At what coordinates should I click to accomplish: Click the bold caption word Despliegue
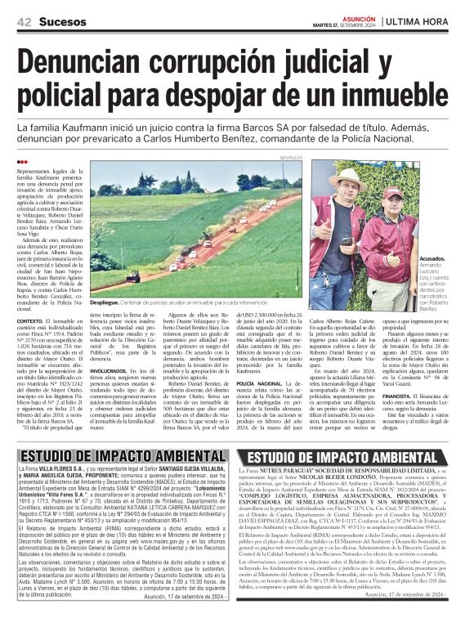coord(104,301)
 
